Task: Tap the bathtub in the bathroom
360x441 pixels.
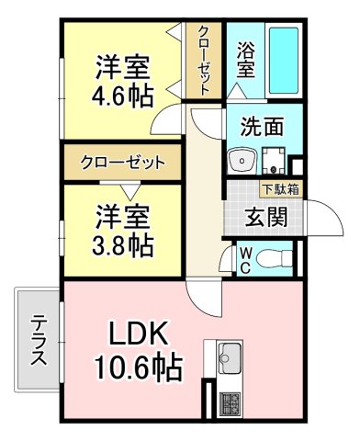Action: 284,61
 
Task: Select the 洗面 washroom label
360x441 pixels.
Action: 262,127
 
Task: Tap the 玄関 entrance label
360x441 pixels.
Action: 267,218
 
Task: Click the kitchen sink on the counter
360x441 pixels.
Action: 229,356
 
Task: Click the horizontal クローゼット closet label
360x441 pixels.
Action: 122,163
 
